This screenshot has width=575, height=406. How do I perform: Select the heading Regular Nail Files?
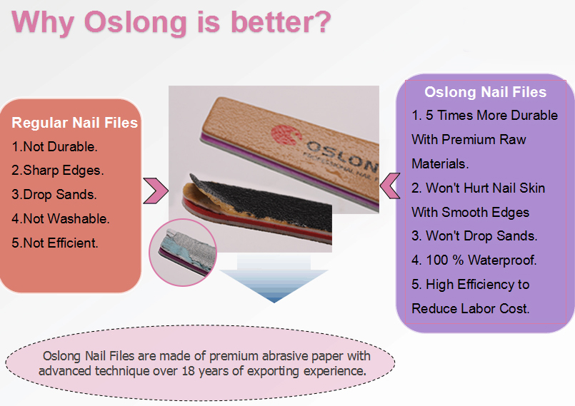pos(75,123)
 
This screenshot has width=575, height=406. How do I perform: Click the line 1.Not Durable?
pos(54,147)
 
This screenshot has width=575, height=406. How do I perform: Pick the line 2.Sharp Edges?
pos(58,171)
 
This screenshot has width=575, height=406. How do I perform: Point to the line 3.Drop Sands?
pos(54,195)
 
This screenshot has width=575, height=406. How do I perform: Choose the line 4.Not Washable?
pos(61,219)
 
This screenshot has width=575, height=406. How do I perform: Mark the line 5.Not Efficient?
pos(55,243)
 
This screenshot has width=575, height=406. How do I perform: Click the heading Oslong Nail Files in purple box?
pos(485,92)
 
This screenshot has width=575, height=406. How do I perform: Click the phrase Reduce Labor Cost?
pos(471,308)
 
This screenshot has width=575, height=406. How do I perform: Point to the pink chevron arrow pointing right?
pos(155,190)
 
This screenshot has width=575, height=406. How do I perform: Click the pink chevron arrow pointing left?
pos(389,186)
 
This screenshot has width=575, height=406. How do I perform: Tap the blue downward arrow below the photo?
pos(274,283)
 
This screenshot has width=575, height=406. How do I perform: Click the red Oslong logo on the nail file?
pos(281,135)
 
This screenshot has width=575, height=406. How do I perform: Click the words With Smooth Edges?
pos(470,212)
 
